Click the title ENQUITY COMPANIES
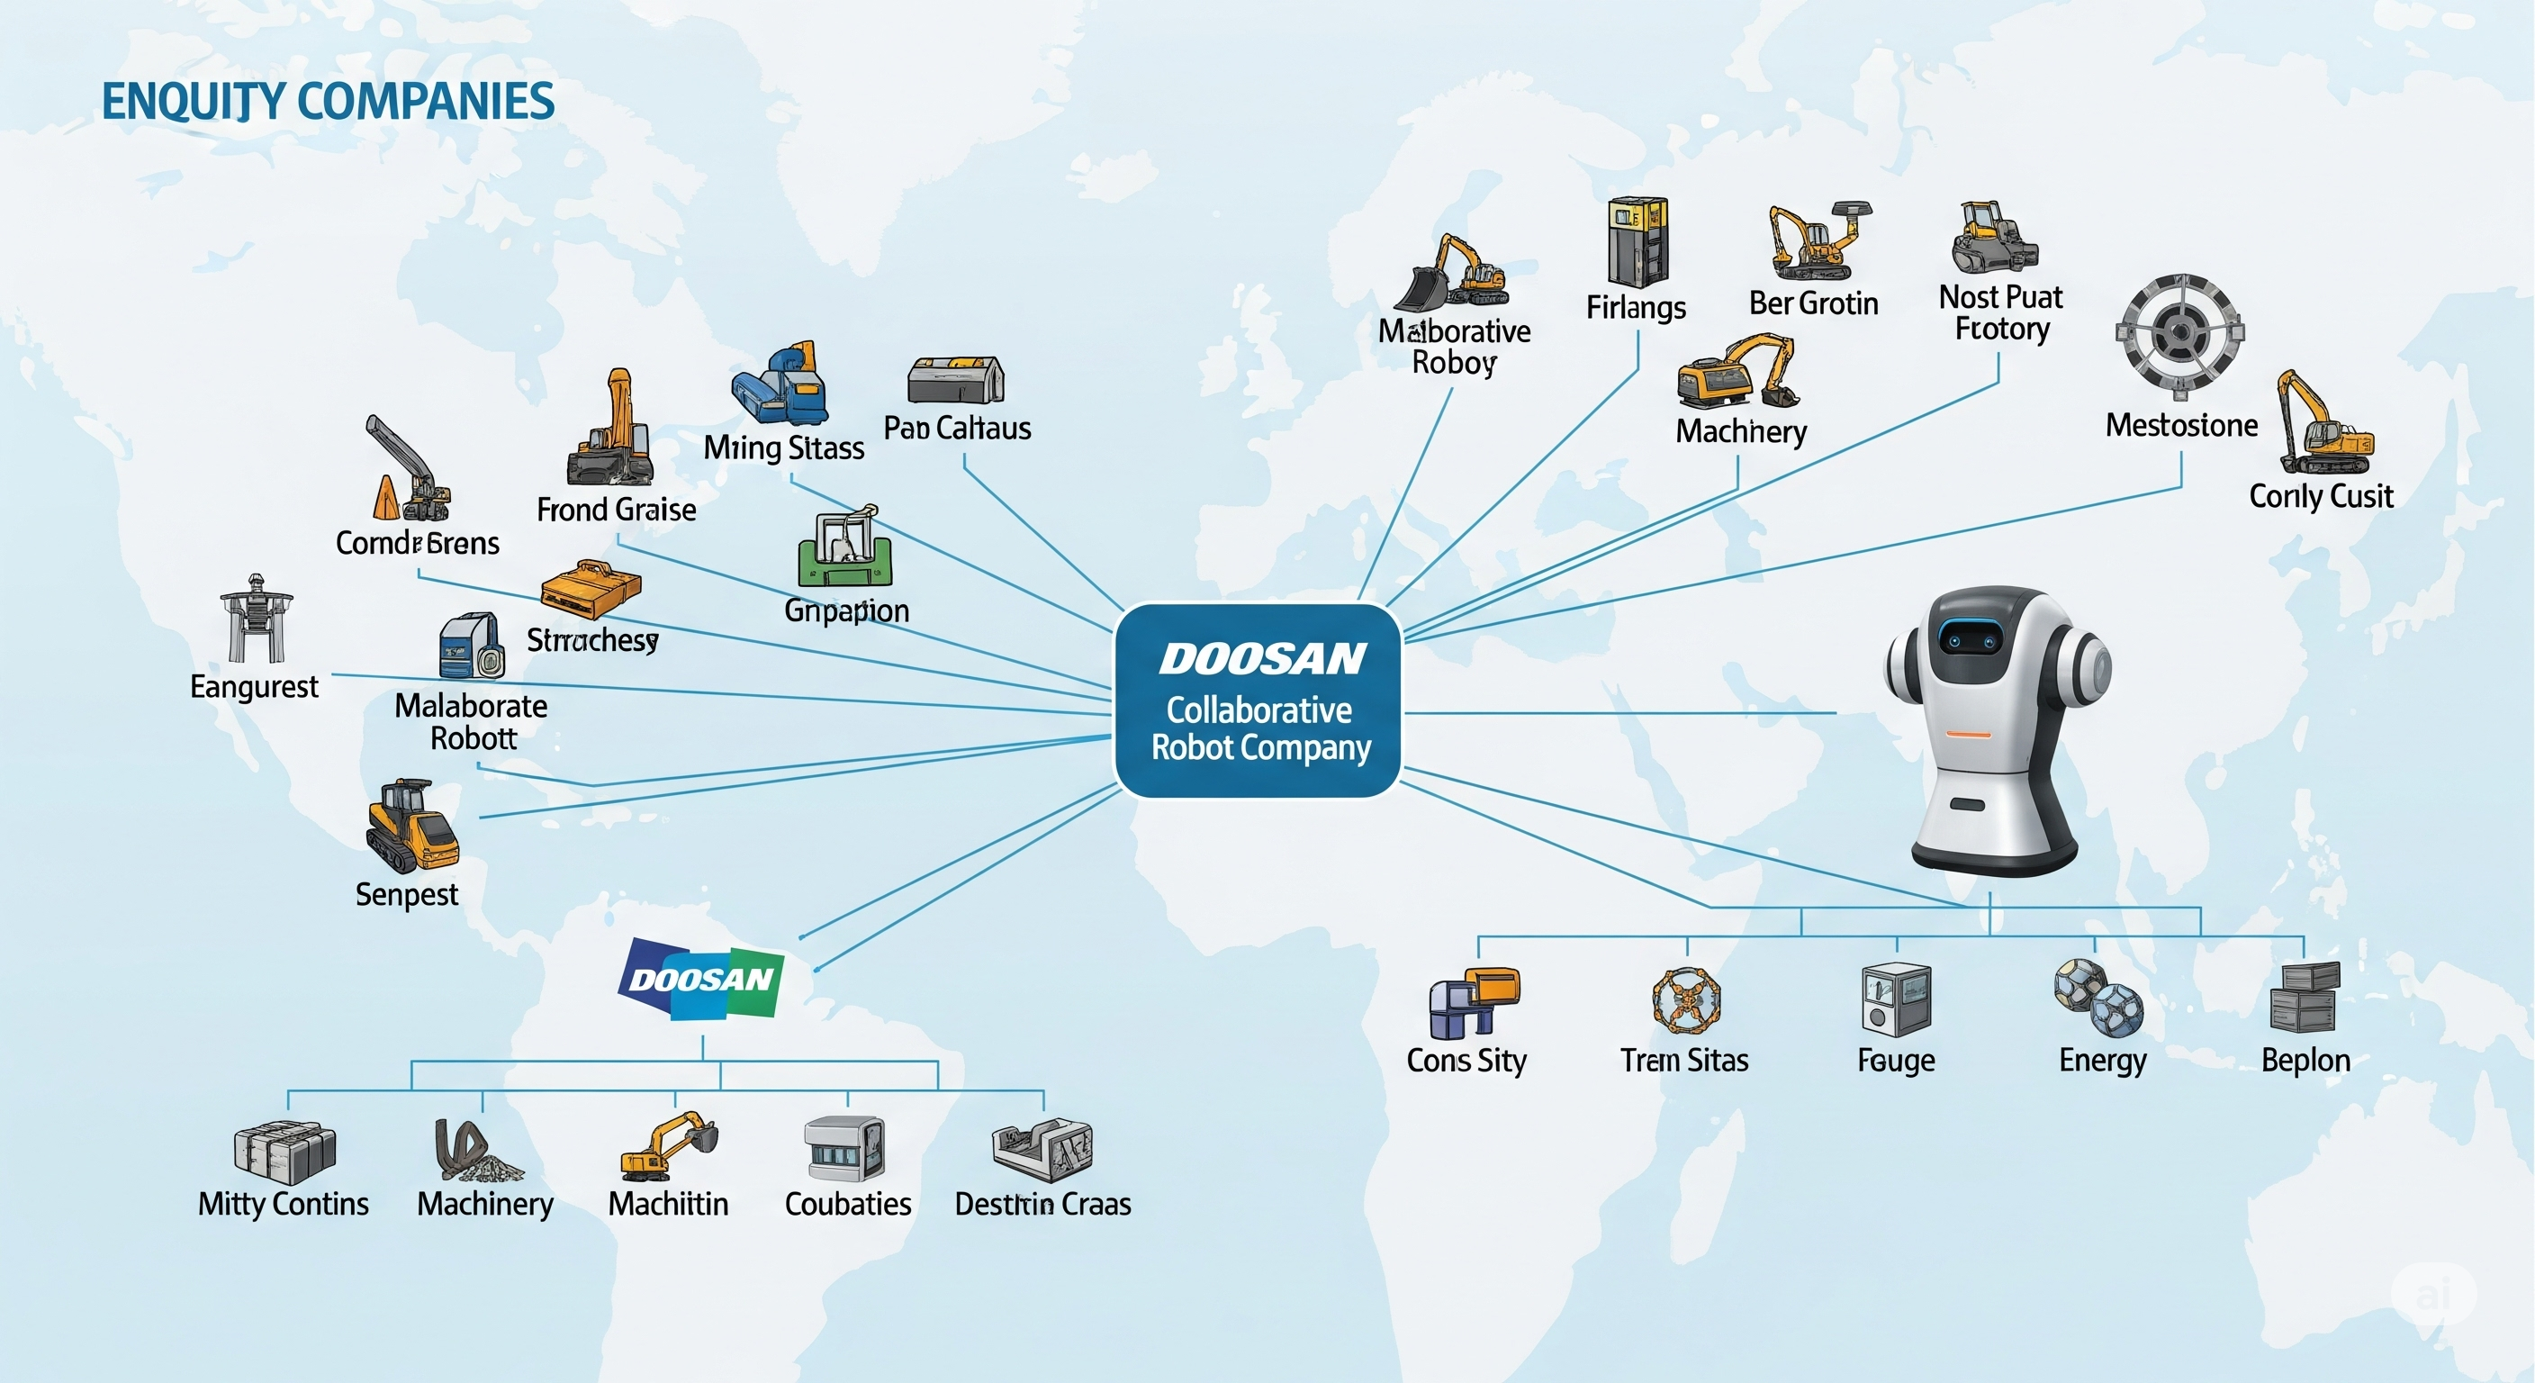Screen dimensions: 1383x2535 click(328, 102)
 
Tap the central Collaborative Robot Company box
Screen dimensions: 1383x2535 click(1258, 700)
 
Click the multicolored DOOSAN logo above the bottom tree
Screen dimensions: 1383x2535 click(700, 979)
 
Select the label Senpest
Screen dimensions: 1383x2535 click(406, 895)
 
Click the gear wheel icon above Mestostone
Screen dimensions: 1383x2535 click(2179, 330)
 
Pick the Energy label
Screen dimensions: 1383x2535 click(2102, 1060)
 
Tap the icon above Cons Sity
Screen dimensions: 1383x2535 click(1473, 1002)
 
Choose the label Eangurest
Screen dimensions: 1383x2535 click(254, 686)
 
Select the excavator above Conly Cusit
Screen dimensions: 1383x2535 click(2323, 424)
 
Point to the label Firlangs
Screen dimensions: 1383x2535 click(1636, 308)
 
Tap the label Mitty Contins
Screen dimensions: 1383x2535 click(284, 1204)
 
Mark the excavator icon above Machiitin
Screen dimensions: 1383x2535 click(668, 1146)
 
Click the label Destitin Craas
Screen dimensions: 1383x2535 click(1042, 1204)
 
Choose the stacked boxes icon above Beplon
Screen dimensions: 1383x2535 click(2305, 996)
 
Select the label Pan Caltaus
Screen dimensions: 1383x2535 click(957, 429)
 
